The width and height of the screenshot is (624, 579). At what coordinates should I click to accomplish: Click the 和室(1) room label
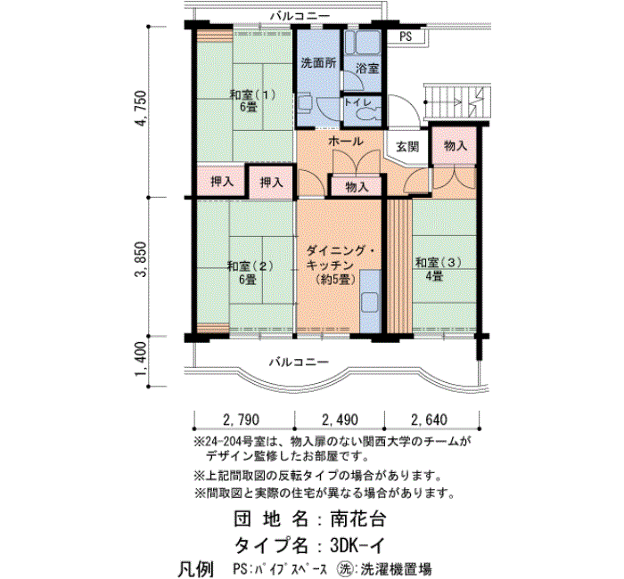[x=252, y=101]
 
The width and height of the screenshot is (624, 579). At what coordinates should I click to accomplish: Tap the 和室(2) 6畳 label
[x=250, y=273]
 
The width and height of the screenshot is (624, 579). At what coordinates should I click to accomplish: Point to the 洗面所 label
[x=318, y=62]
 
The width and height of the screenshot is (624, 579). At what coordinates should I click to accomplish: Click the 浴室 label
[x=367, y=68]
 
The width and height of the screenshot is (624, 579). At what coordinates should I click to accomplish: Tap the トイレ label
[x=358, y=102]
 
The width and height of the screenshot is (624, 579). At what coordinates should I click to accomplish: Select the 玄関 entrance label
[x=407, y=146]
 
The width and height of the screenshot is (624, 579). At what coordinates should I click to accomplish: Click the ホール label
[x=346, y=141]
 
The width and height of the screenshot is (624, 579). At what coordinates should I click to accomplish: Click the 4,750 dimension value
[x=141, y=108]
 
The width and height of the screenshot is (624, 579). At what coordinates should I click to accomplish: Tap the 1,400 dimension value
[x=141, y=360]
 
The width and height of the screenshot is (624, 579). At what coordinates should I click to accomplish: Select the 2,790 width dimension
[x=242, y=420]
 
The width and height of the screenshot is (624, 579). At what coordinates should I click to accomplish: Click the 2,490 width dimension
[x=340, y=420]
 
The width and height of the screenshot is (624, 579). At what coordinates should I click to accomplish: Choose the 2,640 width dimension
[x=429, y=420]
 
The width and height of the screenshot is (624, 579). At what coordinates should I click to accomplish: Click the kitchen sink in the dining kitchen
[x=370, y=302]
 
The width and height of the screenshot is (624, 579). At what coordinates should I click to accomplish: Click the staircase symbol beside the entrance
[x=457, y=102]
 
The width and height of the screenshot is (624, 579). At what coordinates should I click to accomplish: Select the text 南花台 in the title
[x=358, y=519]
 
